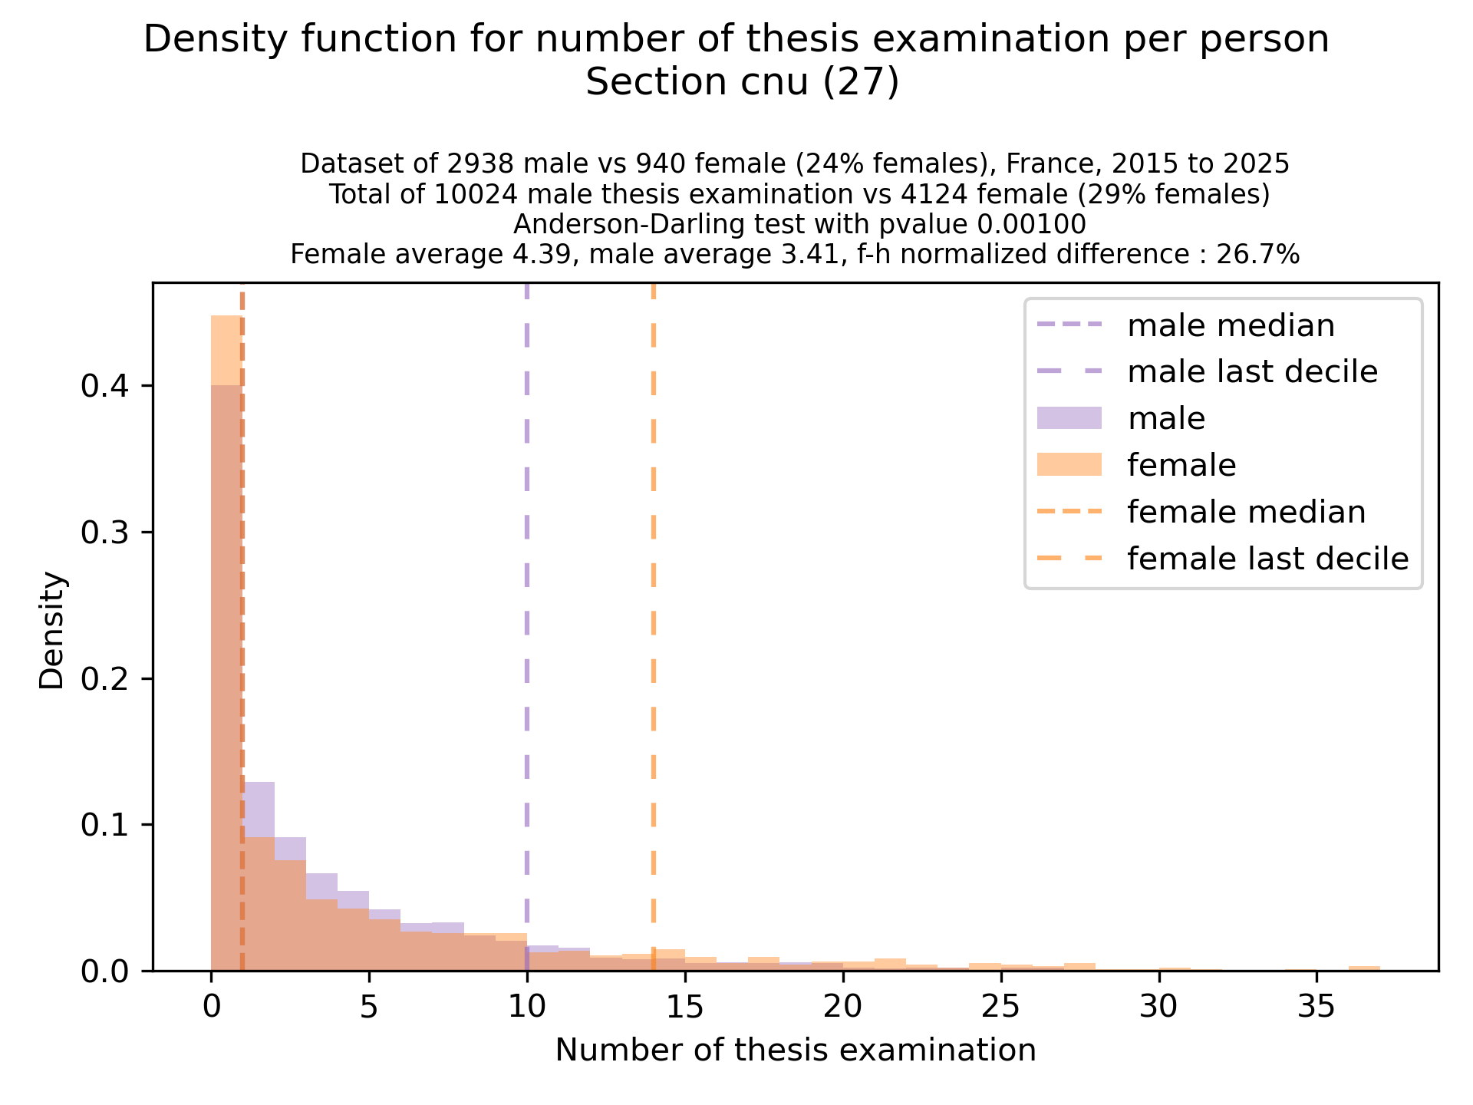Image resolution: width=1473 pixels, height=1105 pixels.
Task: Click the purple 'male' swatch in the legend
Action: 1069,418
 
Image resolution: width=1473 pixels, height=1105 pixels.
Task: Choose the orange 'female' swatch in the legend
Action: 1069,465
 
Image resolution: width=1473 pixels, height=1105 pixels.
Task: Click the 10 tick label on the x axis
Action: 527,1006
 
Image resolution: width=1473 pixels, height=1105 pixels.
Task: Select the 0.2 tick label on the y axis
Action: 104,679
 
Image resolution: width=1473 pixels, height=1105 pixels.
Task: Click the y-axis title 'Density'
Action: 52,631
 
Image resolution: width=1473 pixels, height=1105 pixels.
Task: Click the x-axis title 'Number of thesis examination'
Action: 796,1050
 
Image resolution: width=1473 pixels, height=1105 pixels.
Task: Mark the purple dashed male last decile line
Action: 527,614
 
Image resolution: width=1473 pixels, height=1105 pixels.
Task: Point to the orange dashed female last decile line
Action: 653,614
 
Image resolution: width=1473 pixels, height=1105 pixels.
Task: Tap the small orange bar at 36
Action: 1364,968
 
